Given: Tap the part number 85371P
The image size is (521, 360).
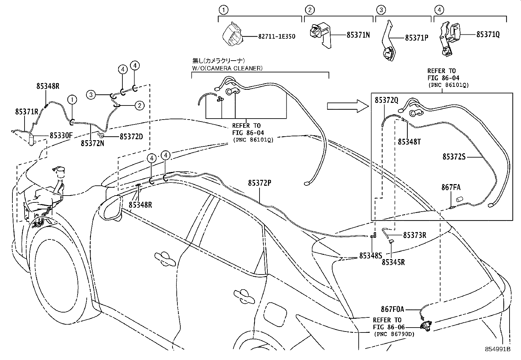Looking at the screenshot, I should (x=416, y=38).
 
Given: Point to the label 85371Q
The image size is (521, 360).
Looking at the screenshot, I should (x=488, y=34).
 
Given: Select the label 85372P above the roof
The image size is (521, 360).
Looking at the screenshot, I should (x=260, y=183).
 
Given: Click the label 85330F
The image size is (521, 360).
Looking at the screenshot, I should (x=61, y=135).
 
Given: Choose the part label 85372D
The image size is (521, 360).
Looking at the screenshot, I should (x=131, y=136).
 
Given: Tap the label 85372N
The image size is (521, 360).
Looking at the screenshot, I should (x=93, y=143).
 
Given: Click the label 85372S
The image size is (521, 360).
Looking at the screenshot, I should (x=454, y=157).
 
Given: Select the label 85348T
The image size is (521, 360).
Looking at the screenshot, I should (x=409, y=142).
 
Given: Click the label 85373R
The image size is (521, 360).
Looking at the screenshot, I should (x=414, y=235).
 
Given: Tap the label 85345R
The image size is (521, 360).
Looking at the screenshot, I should (x=393, y=262).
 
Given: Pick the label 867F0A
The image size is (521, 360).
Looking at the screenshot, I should (x=392, y=309).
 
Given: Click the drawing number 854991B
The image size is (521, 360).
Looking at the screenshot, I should (x=497, y=349).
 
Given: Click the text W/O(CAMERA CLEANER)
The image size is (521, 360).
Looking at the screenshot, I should (x=227, y=68).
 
